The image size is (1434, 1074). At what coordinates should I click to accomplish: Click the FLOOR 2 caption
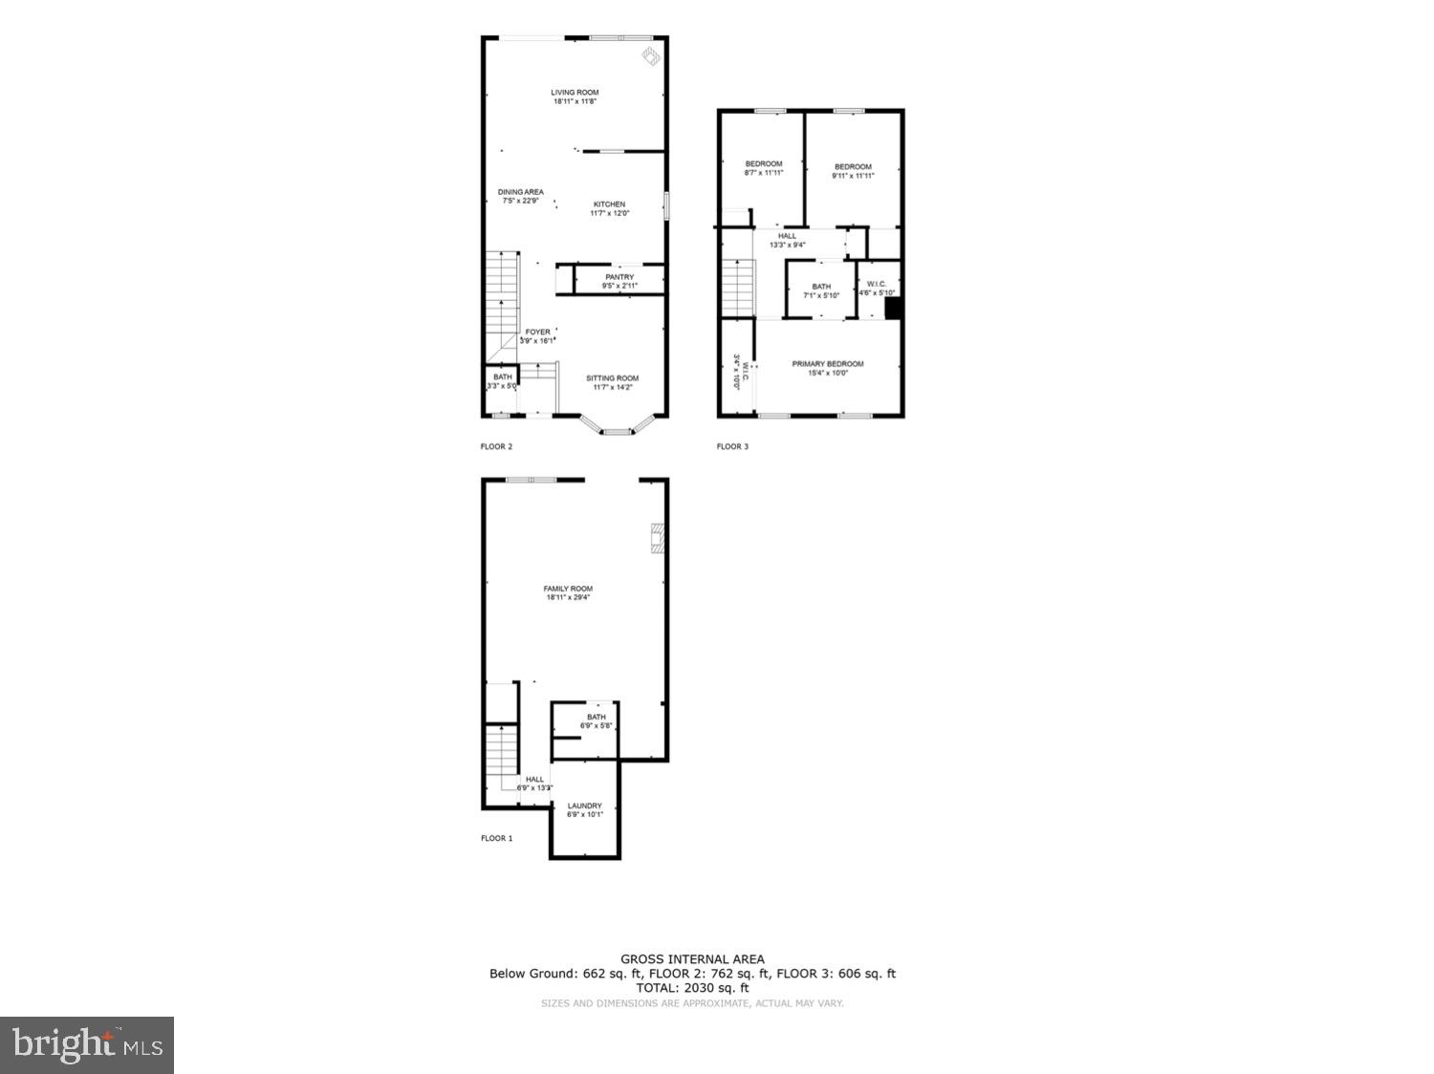[496, 446]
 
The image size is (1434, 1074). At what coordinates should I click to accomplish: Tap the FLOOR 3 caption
[732, 446]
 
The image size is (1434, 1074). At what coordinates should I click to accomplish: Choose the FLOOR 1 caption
[496, 838]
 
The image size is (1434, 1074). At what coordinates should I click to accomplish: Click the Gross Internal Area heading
[692, 959]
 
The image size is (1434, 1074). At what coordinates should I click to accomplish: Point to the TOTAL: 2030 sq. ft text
[692, 988]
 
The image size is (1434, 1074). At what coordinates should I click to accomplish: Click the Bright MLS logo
[87, 1044]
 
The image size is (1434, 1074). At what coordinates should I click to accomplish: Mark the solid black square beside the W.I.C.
[893, 309]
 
